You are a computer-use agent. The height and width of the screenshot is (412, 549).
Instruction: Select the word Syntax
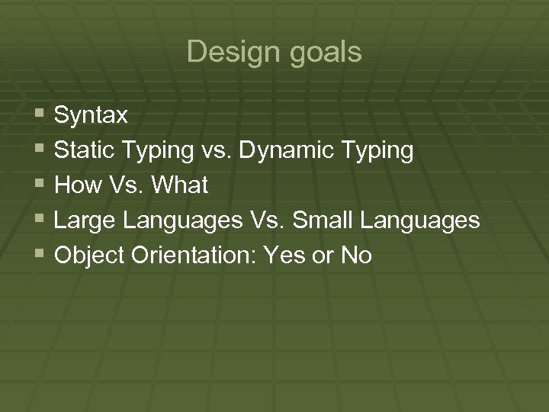[91, 116]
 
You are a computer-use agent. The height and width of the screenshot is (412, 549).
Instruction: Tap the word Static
[85, 150]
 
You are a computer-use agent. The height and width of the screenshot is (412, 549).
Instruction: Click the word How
[79, 185]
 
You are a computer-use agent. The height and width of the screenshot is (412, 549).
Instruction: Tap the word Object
[91, 256]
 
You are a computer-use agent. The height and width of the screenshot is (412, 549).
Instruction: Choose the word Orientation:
[196, 256]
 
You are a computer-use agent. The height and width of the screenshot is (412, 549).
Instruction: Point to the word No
[356, 256]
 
